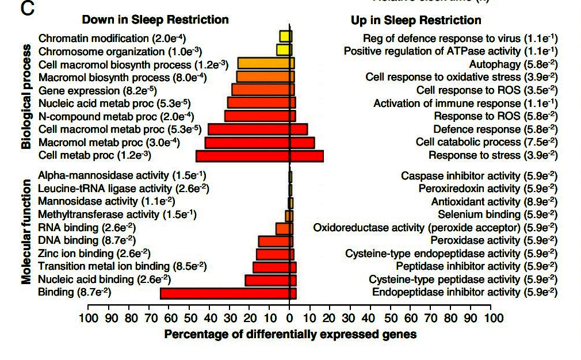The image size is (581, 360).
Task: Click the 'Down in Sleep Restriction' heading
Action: click(x=155, y=20)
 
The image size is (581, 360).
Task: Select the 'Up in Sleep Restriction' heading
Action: click(x=416, y=20)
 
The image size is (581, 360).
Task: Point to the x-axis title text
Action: click(x=290, y=334)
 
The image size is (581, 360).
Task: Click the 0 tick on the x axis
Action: click(x=289, y=319)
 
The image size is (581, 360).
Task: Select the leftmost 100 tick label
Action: click(x=88, y=319)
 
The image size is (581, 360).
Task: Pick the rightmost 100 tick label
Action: click(x=490, y=319)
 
